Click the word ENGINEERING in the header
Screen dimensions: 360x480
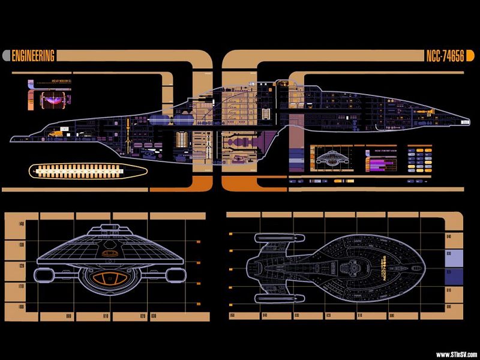coord(34,56)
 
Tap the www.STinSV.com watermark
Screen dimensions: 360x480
coord(456,354)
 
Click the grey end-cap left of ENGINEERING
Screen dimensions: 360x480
coord(7,56)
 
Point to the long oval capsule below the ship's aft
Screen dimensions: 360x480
coord(88,171)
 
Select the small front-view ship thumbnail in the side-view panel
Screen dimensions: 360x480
coord(335,159)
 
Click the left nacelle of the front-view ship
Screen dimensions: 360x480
coord(46,275)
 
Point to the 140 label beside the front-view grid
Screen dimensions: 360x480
coord(22,224)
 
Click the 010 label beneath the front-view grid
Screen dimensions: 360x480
coord(106,316)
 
